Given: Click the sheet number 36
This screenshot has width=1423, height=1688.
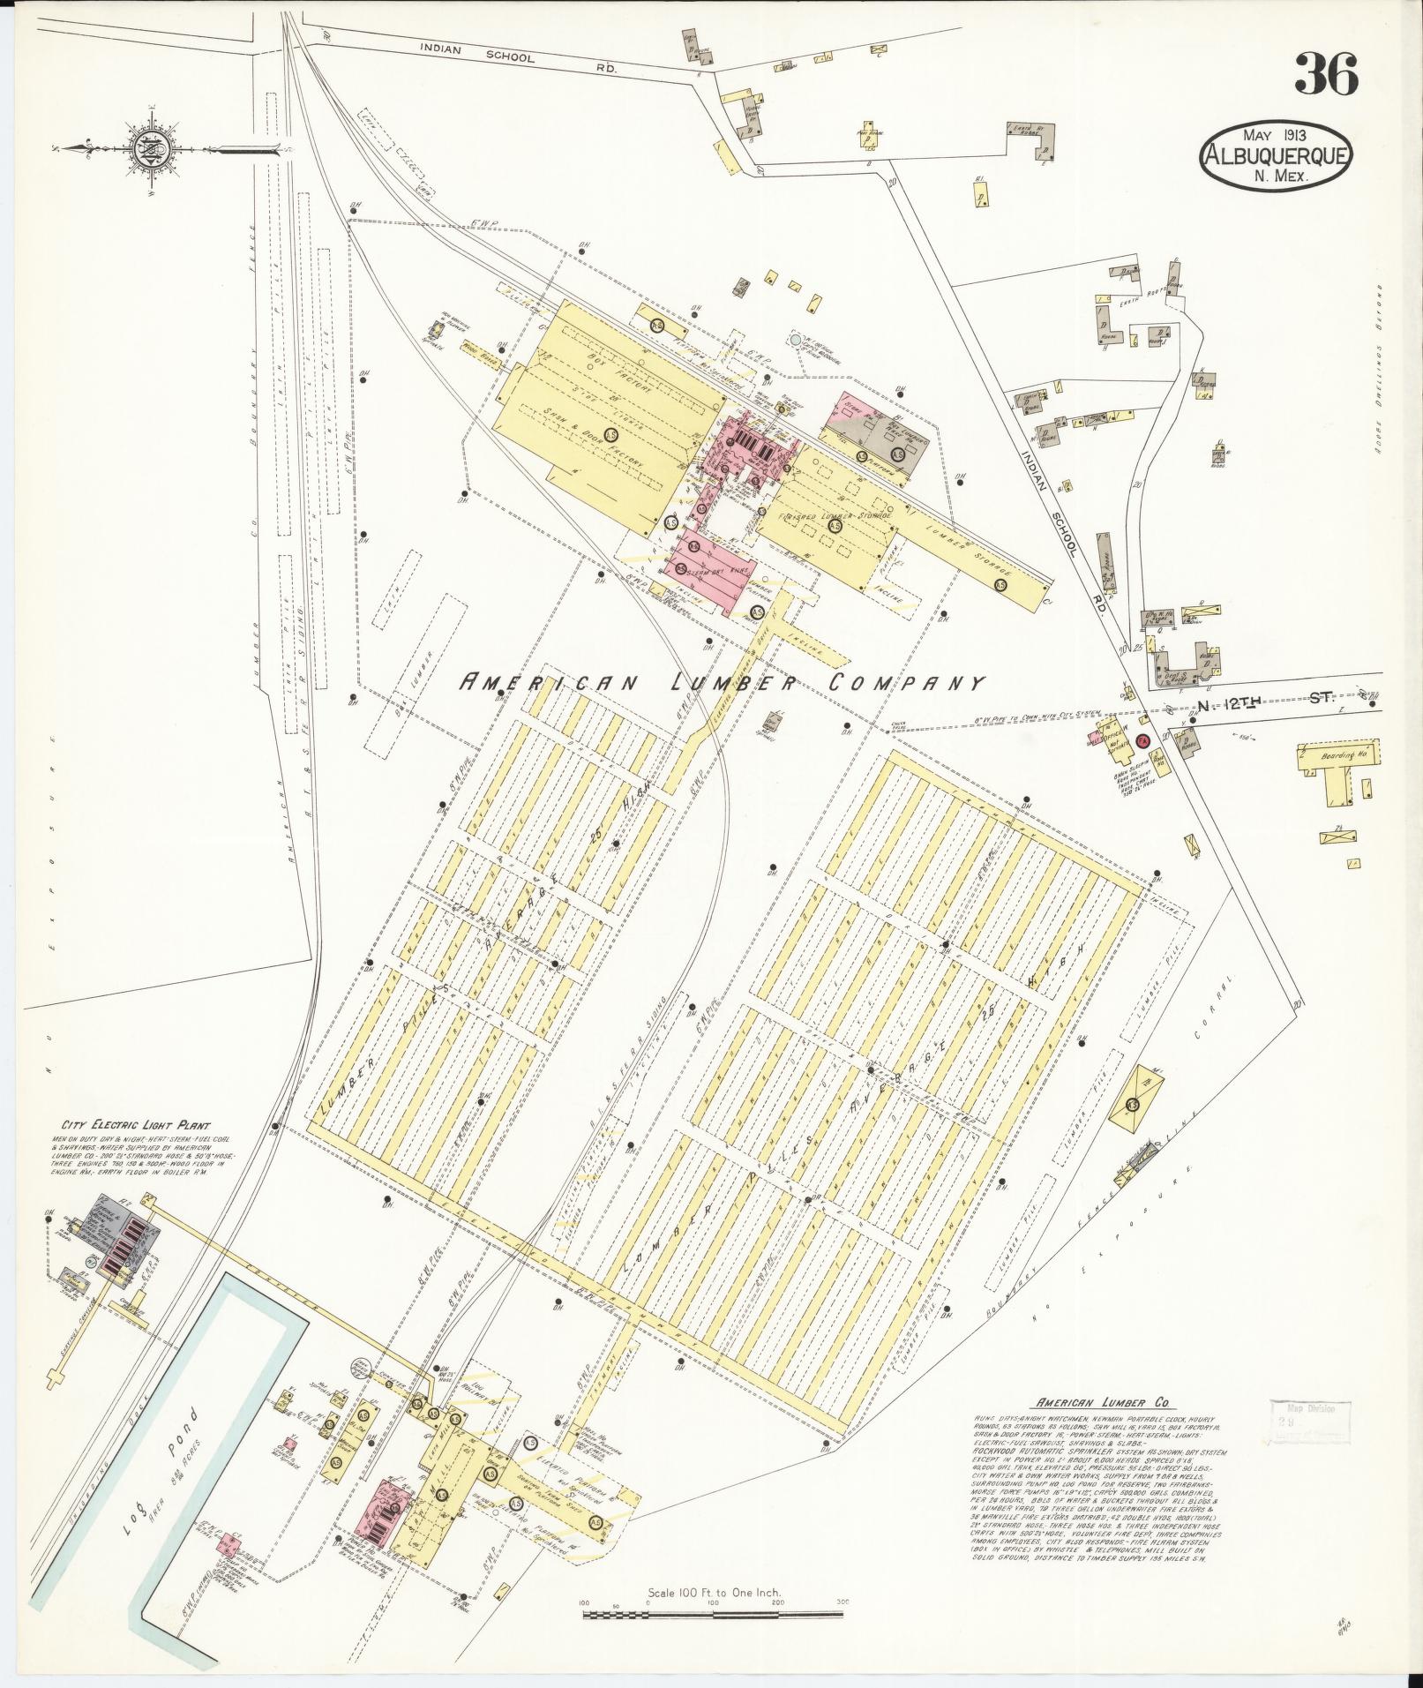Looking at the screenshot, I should point(1326,74).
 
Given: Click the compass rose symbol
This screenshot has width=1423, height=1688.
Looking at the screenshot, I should point(145,146).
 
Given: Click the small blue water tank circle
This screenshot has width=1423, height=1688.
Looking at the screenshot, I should point(796,339).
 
